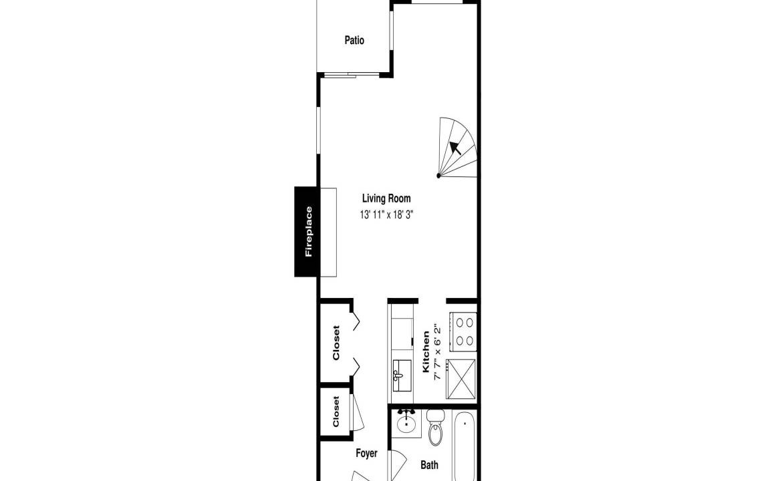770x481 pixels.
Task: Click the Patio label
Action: tap(354, 40)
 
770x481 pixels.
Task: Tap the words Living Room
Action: tap(386, 199)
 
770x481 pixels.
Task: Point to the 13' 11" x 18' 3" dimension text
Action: tap(386, 214)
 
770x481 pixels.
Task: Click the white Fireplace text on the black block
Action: tap(308, 232)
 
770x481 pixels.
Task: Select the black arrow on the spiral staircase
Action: tap(455, 147)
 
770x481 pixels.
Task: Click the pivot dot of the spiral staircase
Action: tap(438, 175)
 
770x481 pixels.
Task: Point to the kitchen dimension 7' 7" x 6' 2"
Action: tap(437, 353)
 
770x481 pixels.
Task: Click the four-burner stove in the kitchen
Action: tap(464, 331)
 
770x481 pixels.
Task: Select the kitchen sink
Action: tap(402, 375)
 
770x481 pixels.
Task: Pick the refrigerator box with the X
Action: tap(461, 378)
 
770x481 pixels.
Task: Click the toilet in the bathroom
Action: tap(435, 427)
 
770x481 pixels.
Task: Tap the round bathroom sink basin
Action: tap(406, 425)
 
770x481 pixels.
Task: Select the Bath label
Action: tap(429, 464)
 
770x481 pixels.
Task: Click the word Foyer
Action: tap(366, 453)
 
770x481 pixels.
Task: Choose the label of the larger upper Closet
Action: tap(336, 343)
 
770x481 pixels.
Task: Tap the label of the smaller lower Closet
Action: tap(336, 412)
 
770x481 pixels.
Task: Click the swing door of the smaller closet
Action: tap(357, 412)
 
